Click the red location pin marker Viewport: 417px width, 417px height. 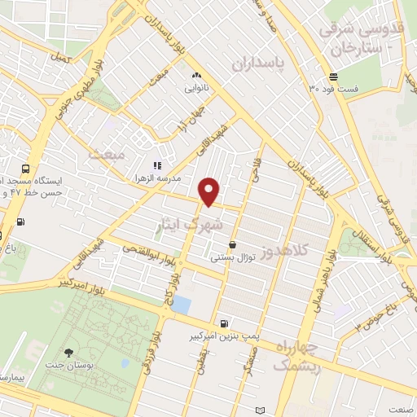click(x=210, y=191)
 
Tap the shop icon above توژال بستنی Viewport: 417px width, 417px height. click(x=233, y=244)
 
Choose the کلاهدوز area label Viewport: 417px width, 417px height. click(x=287, y=251)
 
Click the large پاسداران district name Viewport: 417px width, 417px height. click(x=262, y=64)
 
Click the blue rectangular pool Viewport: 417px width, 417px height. click(x=182, y=305)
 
